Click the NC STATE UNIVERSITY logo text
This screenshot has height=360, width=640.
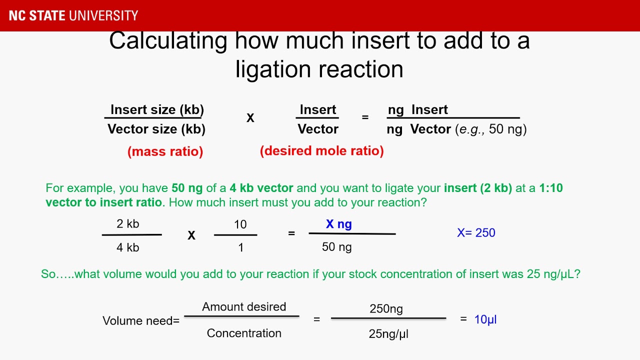coord(73,15)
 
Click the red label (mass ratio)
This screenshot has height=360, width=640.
coord(165,151)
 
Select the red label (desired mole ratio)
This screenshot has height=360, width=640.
coord(321,150)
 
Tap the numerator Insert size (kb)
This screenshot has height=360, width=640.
coord(157,109)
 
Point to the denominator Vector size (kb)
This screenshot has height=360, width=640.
coord(156,129)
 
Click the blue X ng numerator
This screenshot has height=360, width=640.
coord(338,224)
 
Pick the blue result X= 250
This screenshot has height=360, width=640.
coord(476,232)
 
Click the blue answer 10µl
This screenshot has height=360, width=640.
coord(485,319)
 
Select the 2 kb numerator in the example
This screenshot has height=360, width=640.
coord(128,223)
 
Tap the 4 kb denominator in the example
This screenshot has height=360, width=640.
coord(128,247)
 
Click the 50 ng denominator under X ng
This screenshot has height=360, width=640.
coord(336,246)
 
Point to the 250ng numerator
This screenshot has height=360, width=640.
coord(386,308)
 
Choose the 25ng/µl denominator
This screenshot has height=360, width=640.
coord(388,333)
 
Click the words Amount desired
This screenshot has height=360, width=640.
coord(244,306)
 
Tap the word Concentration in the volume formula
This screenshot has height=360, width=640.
coord(244,333)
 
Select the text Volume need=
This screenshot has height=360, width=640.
coord(141,320)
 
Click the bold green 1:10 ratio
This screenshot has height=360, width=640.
coord(551,188)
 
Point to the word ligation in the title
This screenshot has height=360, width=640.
coord(277,69)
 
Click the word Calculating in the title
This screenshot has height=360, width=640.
coord(168,41)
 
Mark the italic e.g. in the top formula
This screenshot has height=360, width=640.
coord(469,129)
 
